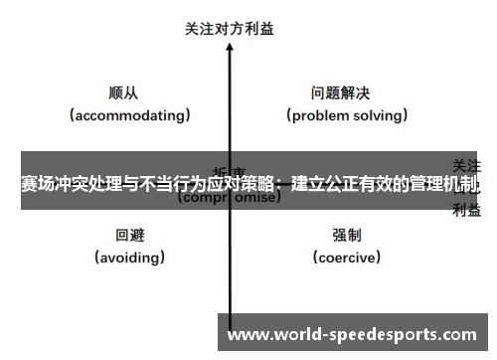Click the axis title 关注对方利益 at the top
(230, 29)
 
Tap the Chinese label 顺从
(123, 93)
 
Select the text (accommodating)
(130, 115)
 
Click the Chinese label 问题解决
(340, 93)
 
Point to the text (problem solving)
(347, 115)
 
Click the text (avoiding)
(130, 258)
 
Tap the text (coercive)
(347, 258)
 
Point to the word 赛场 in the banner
(38, 184)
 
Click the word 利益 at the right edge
(467, 209)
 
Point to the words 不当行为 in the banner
(168, 184)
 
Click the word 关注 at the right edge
(467, 164)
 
